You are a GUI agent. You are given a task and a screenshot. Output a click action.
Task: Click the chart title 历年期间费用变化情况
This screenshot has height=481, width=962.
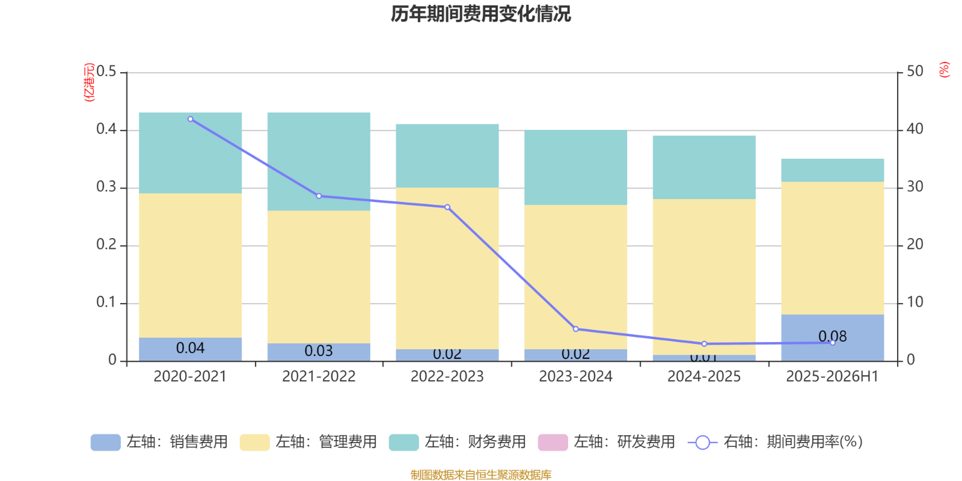(480, 14)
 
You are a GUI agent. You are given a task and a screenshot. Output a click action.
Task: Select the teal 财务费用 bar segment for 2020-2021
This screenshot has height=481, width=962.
(191, 153)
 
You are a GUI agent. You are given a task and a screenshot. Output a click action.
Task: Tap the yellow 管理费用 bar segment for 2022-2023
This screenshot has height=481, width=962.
(447, 268)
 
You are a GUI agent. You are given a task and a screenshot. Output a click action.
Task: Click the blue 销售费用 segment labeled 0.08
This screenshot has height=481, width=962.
(833, 337)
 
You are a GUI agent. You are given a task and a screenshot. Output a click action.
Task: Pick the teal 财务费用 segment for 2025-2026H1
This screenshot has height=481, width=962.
(833, 170)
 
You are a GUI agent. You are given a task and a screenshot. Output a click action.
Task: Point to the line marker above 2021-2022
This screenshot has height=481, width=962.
(319, 196)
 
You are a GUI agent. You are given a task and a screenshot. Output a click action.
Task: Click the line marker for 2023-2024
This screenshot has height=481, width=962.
(576, 329)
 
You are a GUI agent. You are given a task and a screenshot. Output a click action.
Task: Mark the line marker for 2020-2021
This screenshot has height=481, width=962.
(191, 119)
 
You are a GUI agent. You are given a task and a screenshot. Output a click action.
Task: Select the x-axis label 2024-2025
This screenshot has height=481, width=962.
(704, 377)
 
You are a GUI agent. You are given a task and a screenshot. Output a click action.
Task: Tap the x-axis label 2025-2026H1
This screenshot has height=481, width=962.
(832, 377)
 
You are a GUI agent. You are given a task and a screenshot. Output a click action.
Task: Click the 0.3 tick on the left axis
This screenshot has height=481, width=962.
(106, 188)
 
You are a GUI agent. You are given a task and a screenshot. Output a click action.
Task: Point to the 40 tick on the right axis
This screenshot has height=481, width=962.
(915, 129)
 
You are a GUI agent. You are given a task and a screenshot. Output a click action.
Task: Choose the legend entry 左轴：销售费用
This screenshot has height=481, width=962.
(159, 443)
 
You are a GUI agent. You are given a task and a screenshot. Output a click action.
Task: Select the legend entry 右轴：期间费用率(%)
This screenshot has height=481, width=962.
(776, 443)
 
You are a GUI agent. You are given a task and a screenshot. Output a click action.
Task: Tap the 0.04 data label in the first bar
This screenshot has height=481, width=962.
(191, 348)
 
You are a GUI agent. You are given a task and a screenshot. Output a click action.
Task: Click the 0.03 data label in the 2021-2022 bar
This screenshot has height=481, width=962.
(319, 351)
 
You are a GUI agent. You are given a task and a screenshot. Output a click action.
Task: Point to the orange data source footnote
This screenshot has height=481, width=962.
(480, 475)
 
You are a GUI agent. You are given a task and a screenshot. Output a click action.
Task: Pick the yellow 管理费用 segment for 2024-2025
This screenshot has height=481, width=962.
(704, 277)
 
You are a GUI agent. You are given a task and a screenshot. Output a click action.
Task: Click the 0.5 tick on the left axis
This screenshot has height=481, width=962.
(106, 72)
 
